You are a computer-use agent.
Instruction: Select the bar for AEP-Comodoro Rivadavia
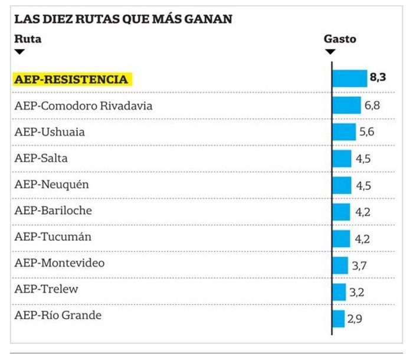(x=346, y=106)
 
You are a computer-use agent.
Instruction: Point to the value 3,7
(x=360, y=266)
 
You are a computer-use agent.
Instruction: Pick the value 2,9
(x=355, y=319)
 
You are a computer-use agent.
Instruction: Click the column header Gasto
(x=340, y=39)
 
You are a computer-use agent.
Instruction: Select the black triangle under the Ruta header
(x=19, y=52)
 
